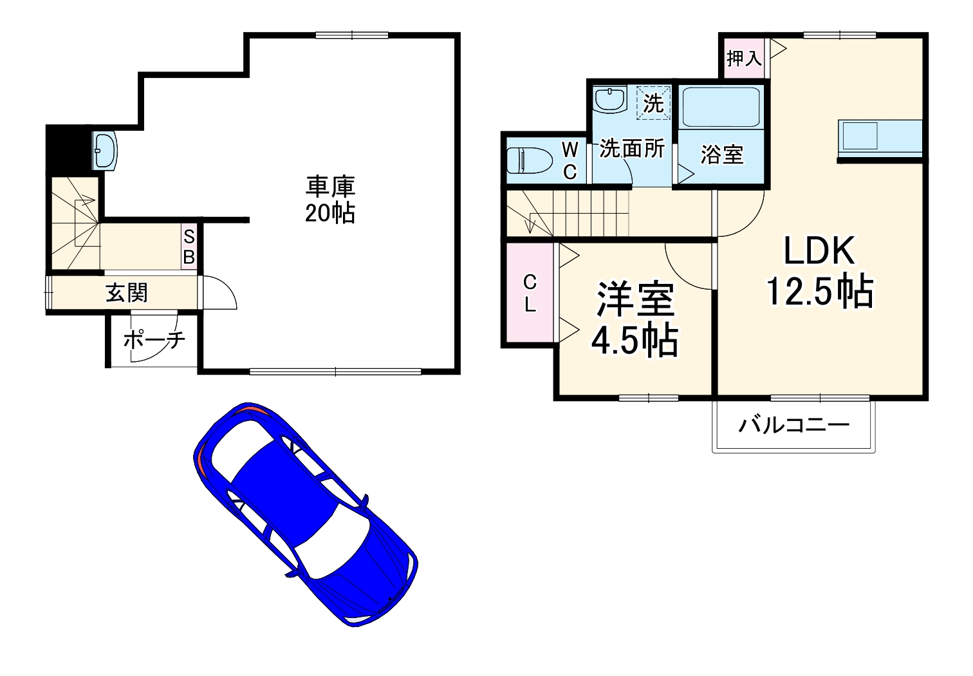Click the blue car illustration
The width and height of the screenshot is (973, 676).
coord(306,515)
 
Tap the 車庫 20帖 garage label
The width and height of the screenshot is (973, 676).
coord(330,200)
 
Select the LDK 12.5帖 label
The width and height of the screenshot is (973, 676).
coord(819,270)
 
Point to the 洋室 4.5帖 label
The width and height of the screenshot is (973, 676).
coord(635,320)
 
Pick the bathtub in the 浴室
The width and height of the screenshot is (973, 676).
coord(721,108)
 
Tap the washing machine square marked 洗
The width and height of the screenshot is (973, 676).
coord(653,103)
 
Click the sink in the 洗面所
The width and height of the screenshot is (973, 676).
coord(609,100)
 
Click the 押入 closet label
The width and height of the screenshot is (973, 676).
coord(744,59)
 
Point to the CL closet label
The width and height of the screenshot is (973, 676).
coord(530,294)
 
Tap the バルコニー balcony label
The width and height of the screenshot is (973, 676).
coord(793,425)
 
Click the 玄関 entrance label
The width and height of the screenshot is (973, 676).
coord(127,293)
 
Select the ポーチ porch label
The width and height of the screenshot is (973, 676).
coord(154,339)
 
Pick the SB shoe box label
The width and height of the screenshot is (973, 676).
coord(189,246)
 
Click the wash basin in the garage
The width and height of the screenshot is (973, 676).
coord(104,151)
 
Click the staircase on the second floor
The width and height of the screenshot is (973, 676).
coord(566,214)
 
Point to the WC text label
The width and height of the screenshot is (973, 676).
coord(570,161)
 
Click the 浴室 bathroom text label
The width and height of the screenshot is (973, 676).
coord(721,155)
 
